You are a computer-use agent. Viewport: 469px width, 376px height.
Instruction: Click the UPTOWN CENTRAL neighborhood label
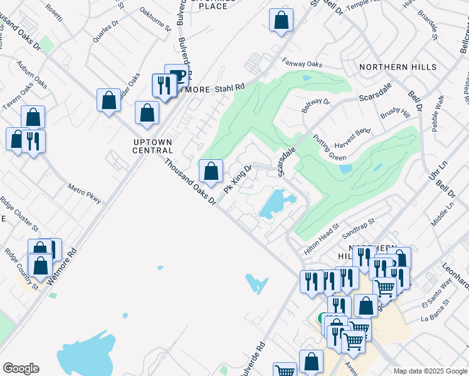point(153,146)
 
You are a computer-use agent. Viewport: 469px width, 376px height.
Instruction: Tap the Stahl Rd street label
point(229,88)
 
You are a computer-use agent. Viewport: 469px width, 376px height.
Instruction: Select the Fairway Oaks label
point(302,63)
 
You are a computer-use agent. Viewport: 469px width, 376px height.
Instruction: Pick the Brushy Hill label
point(395,112)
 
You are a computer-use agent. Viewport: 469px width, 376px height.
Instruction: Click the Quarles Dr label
point(105,29)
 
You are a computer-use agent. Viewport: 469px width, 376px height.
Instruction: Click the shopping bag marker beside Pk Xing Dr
point(211,171)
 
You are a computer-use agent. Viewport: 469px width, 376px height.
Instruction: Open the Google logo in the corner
point(21,368)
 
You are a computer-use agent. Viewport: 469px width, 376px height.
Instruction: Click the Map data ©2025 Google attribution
point(430,371)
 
